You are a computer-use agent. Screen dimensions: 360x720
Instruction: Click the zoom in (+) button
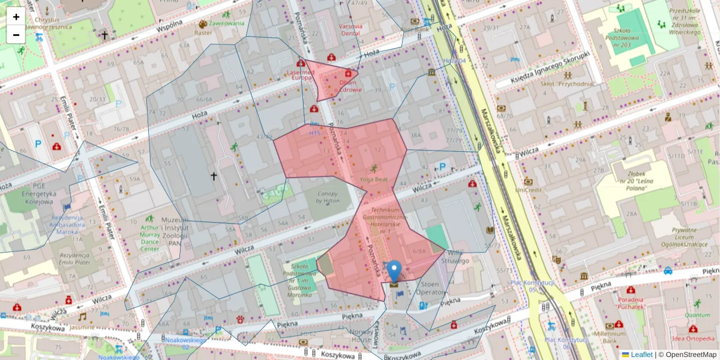pyautogui.click(x=16, y=16)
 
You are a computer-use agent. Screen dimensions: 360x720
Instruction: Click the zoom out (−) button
pyautogui.click(x=16, y=34)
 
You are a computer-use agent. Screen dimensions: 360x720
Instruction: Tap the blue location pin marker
pyautogui.click(x=394, y=271)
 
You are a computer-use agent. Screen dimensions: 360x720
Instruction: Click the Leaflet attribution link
pyautogui.click(x=641, y=355)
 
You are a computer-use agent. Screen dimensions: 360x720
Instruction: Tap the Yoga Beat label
pyautogui.click(x=374, y=179)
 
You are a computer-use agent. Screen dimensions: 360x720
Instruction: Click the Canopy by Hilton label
pyautogui.click(x=328, y=197)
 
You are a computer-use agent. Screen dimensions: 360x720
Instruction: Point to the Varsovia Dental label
pyautogui.click(x=350, y=30)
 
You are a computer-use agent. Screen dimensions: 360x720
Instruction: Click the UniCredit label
pyautogui.click(x=528, y=190)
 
